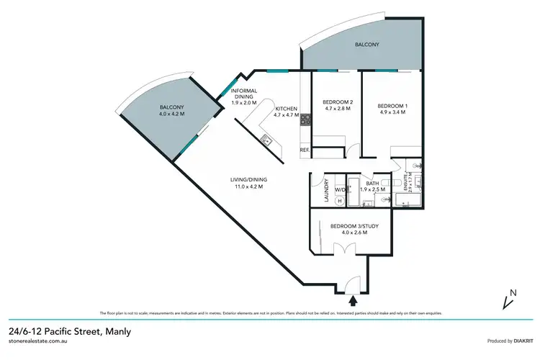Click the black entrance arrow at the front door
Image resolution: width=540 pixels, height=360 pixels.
point(353,299)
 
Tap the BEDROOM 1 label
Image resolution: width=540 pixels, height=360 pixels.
point(392,107)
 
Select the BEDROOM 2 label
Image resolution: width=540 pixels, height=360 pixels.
point(336,102)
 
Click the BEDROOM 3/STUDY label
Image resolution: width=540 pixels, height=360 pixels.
point(349,226)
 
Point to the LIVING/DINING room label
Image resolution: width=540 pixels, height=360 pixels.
point(246,180)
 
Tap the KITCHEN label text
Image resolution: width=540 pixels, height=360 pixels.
point(286,108)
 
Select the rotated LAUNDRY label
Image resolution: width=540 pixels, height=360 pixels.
point(327,189)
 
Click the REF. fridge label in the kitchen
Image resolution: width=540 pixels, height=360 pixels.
point(304,150)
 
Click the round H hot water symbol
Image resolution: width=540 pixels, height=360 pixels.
point(320,201)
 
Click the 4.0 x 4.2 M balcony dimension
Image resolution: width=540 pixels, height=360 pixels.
point(172,113)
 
